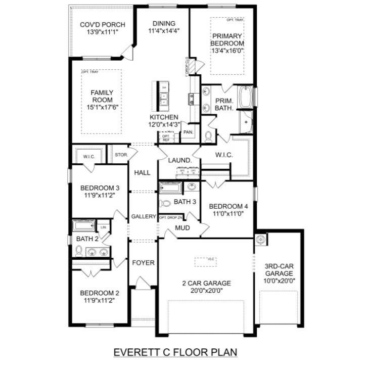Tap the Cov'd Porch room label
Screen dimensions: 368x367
[x=103, y=25]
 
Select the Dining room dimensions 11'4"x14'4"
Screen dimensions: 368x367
[x=164, y=31]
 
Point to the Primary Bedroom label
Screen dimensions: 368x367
[x=227, y=39]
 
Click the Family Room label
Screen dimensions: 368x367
[x=102, y=96]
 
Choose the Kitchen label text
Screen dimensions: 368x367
[x=164, y=117]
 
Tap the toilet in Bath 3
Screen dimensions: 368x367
[x=165, y=204]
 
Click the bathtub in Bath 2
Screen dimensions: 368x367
[x=84, y=225]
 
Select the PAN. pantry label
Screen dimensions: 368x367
[x=189, y=132]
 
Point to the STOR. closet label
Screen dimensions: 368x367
[x=120, y=155]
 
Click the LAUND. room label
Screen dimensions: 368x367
[x=180, y=160]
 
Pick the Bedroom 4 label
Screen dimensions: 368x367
[x=228, y=206]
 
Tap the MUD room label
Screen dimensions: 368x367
[x=182, y=228]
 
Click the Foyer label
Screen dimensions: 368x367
[x=143, y=263]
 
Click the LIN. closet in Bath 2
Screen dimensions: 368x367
[x=104, y=227]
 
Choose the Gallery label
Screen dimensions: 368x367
[x=144, y=216]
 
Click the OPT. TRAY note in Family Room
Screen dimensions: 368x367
[x=90, y=72]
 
